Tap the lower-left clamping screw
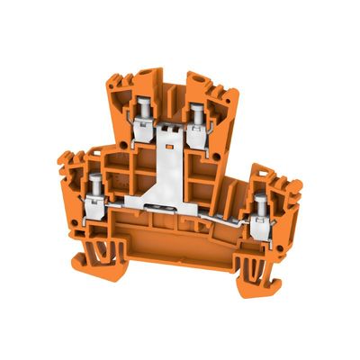coord(95,183)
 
